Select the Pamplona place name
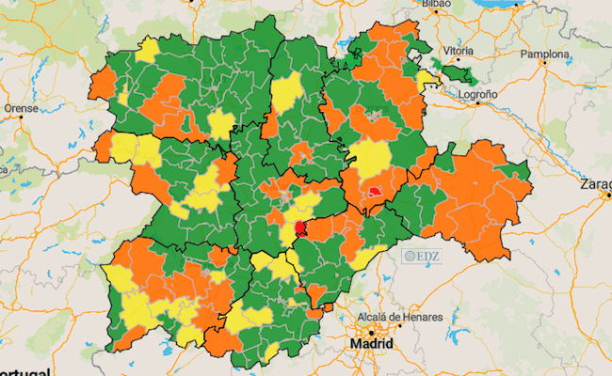540,55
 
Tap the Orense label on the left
22,108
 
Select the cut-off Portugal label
24,371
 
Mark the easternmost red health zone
375,191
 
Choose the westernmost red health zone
299,227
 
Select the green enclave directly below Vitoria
459,71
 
